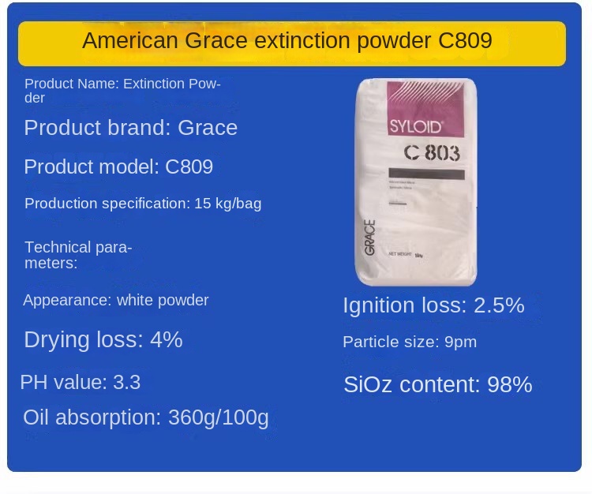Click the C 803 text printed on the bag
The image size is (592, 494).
pyautogui.click(x=431, y=152)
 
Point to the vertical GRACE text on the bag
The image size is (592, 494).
pyautogui.click(x=369, y=237)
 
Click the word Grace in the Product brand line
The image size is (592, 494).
pyautogui.click(x=208, y=128)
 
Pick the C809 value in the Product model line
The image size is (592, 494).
pyautogui.click(x=189, y=167)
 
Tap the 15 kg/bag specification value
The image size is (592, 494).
pyautogui.click(x=228, y=204)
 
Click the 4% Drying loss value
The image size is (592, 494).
pyautogui.click(x=167, y=339)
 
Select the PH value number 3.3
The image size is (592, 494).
pyautogui.click(x=126, y=383)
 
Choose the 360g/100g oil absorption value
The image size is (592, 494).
pyautogui.click(x=219, y=417)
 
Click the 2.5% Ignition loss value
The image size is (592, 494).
pyautogui.click(x=499, y=305)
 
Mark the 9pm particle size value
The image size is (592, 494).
pyautogui.click(x=459, y=342)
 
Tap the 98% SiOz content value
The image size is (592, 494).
pyautogui.click(x=510, y=385)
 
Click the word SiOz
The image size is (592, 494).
pyautogui.click(x=370, y=385)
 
